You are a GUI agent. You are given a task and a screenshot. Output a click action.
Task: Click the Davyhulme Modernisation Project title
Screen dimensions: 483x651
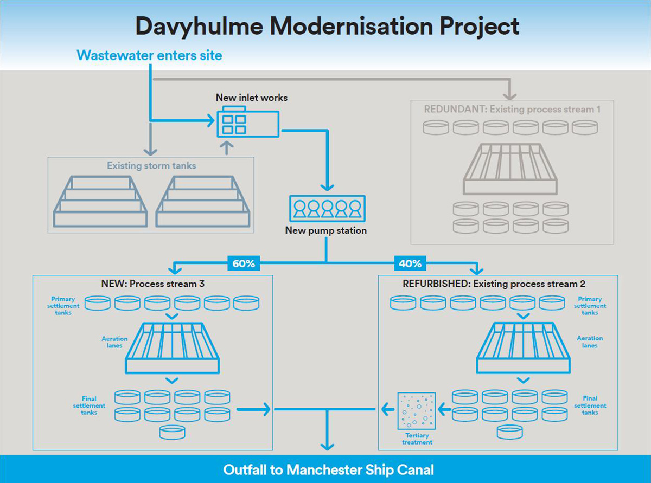pos(327,25)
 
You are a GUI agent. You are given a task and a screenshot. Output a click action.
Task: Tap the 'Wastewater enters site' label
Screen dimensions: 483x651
pos(149,55)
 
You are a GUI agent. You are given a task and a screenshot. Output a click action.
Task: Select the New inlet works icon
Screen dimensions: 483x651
pos(248,124)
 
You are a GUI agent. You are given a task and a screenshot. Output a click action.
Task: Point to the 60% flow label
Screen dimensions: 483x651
pos(244,264)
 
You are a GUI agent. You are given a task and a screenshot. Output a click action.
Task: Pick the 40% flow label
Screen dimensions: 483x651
pos(410,264)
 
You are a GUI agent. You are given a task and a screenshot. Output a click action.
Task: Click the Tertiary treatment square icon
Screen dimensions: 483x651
pos(416,410)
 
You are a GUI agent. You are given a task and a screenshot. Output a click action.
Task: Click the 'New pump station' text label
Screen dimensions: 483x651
pos(326,230)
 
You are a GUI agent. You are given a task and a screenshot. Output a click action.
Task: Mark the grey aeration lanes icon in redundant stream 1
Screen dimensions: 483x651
pos(510,169)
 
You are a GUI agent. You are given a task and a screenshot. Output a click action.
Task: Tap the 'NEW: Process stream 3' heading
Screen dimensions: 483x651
pos(152,284)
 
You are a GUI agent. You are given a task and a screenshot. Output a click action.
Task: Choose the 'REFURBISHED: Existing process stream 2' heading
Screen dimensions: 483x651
pos(494,284)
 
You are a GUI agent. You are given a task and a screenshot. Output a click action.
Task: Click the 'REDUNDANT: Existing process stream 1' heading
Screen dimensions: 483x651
pos(512,109)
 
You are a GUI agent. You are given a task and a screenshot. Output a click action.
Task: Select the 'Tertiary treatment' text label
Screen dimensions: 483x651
pos(417,439)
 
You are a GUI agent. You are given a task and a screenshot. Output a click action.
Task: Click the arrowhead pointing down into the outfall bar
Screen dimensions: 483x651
pos(327,446)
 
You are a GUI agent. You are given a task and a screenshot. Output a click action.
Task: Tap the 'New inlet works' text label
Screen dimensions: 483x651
pos(252,98)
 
